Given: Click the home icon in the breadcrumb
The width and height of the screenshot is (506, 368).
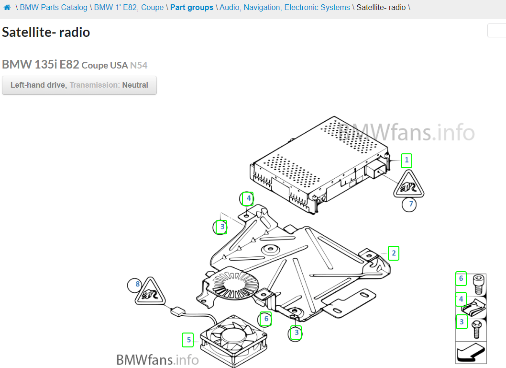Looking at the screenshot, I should (7, 8).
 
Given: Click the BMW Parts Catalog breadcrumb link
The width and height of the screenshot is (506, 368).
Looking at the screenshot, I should (54, 8).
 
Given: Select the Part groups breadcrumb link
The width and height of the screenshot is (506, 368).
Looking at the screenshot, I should (192, 8).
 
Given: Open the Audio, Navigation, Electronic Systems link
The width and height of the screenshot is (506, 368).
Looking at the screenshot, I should (285, 8).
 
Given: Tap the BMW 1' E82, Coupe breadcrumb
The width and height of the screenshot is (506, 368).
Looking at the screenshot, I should (129, 8).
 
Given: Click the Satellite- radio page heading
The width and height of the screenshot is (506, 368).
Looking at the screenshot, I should (46, 32).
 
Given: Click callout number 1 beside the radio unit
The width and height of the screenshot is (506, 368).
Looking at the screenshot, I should (407, 160).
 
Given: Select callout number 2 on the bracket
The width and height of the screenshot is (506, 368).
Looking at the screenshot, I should (393, 253).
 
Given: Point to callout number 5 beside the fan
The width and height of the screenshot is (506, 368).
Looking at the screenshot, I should (188, 340).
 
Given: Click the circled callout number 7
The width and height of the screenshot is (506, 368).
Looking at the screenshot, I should (409, 205).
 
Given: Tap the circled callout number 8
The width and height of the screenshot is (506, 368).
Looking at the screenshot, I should (137, 285).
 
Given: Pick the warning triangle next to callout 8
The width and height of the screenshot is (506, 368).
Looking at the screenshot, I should (151, 293).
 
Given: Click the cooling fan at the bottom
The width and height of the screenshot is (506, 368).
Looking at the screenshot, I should (235, 341).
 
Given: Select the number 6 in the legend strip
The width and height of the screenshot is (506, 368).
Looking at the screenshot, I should (461, 278).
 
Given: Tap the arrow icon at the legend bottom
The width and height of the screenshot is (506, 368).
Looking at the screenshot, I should (471, 353).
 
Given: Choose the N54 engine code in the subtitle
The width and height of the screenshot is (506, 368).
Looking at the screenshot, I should (139, 65).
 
